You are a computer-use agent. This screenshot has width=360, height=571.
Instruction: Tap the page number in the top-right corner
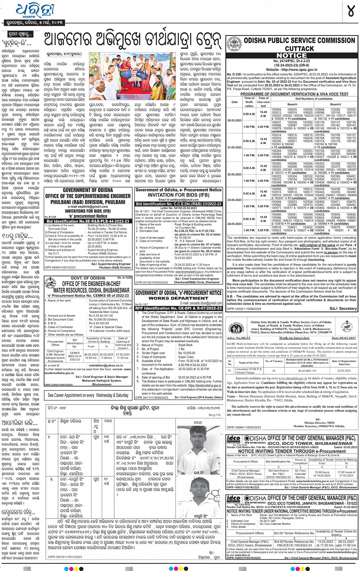pos(350,11)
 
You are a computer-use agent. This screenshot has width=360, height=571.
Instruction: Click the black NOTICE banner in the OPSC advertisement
pos(291,55)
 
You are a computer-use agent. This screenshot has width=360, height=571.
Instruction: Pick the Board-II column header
pos(335,104)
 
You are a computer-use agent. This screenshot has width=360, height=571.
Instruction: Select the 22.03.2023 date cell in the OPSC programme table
pos(234,174)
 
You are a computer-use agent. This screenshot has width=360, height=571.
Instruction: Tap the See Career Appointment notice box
pos(88,395)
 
